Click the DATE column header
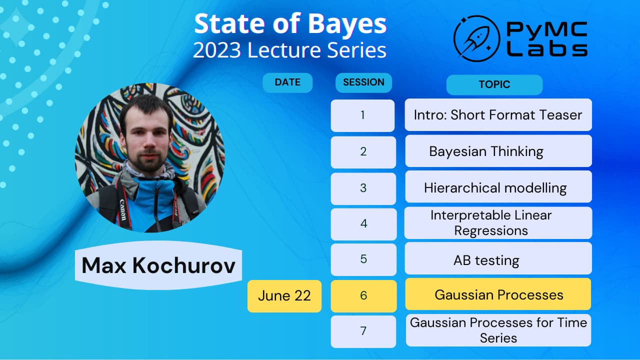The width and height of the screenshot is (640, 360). (x=287, y=82)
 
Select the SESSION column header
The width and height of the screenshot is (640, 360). (x=363, y=82)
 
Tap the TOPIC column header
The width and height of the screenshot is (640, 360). (x=494, y=84)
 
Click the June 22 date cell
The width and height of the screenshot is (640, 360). (x=284, y=296)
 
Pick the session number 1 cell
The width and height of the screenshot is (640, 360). (x=362, y=115)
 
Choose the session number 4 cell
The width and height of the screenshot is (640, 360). (x=363, y=224)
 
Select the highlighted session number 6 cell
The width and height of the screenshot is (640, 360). (x=363, y=295)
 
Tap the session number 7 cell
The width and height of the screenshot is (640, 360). (x=363, y=331)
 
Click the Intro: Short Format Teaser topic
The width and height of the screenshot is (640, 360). (x=498, y=114)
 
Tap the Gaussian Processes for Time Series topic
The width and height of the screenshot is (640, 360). (x=498, y=330)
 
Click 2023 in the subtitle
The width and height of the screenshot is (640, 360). (x=217, y=50)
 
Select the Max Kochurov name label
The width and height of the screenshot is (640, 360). (x=158, y=265)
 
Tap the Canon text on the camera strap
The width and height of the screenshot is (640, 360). (x=122, y=210)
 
